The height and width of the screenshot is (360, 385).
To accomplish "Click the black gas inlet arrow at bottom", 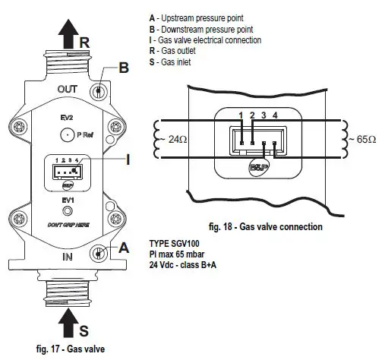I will pyautogui.click(x=67, y=322).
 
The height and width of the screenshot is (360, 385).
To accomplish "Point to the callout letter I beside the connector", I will pyautogui.click(x=129, y=159).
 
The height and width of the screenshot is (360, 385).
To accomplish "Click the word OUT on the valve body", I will pyautogui.click(x=68, y=88).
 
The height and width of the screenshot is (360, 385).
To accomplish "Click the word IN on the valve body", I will pyautogui.click(x=68, y=258).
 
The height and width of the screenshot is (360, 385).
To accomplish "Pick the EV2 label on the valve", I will pyautogui.click(x=67, y=119).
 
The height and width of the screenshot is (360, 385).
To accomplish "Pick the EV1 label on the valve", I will pyautogui.click(x=67, y=199).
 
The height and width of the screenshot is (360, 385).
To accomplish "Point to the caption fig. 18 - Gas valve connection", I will pyautogui.click(x=265, y=226).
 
